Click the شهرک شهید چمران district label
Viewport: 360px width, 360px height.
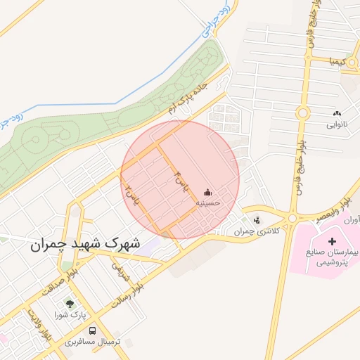pyautogui.click(x=85, y=246)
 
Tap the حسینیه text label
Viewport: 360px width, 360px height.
pyautogui.click(x=208, y=202)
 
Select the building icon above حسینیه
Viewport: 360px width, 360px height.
pyautogui.click(x=208, y=192)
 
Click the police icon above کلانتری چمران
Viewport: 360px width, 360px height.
pyautogui.click(x=257, y=219)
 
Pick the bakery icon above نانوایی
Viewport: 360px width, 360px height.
pyautogui.click(x=336, y=114)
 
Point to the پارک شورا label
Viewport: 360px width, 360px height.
pyautogui.click(x=70, y=315)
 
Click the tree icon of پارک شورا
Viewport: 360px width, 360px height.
pyautogui.click(x=70, y=304)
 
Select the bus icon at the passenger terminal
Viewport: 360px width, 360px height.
pyautogui.click(x=93, y=330)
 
